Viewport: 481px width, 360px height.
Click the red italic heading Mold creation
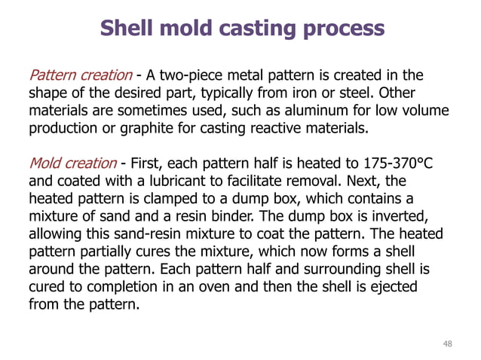[x=72, y=163]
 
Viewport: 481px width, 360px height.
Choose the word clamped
[x=190, y=199]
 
